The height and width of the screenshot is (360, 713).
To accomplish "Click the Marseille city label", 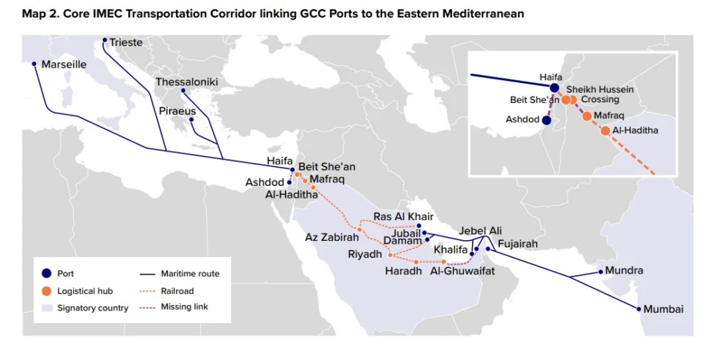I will [x=63, y=65].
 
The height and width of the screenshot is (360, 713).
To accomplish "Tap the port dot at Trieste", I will [x=105, y=40].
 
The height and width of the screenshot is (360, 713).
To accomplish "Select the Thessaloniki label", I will [x=187, y=82].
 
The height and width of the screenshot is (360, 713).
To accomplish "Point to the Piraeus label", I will [x=177, y=111].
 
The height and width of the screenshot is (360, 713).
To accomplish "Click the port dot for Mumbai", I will [x=638, y=308].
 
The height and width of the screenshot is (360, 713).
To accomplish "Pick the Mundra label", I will [x=624, y=270].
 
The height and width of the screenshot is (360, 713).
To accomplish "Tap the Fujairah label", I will [x=519, y=243].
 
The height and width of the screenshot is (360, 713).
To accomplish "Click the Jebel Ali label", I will [x=480, y=230].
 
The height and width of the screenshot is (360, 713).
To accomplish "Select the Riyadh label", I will [x=365, y=255].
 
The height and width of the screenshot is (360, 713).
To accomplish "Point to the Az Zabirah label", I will [x=331, y=237].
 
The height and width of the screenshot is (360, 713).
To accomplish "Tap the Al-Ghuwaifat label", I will [x=463, y=271].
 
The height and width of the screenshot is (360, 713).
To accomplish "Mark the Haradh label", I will [x=403, y=271].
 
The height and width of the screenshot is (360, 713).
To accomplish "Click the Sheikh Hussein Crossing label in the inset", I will [x=600, y=95].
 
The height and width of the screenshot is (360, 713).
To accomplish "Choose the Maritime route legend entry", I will [x=190, y=274].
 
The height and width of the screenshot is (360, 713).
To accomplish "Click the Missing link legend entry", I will [x=185, y=307].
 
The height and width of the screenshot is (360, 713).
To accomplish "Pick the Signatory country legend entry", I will [x=93, y=308].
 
